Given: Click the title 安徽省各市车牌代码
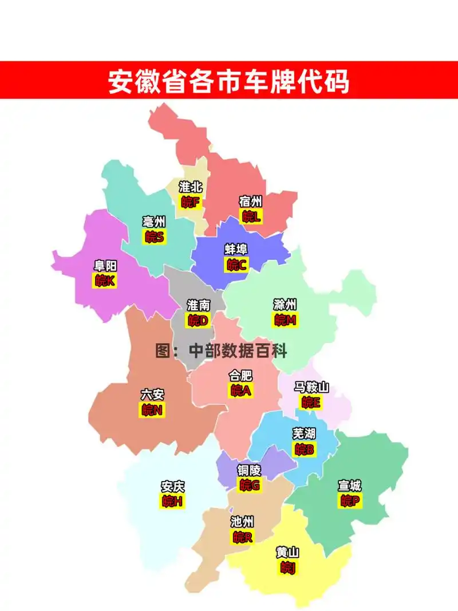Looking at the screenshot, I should click(x=228, y=82).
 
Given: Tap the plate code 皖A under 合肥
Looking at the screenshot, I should click(x=241, y=391).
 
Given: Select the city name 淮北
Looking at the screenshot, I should click(x=191, y=187).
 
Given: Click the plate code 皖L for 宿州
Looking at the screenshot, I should click(x=251, y=216).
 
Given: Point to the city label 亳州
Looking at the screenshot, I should click(x=154, y=222).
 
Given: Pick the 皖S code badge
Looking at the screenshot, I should click(x=154, y=236).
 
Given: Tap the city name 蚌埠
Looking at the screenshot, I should click(x=236, y=250).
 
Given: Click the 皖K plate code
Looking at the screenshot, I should click(x=105, y=281).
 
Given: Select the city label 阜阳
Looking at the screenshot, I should click(x=105, y=266).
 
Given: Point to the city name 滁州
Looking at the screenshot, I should click(x=285, y=305).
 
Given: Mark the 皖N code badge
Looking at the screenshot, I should click(x=152, y=410).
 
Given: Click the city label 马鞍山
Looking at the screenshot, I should click(x=311, y=388).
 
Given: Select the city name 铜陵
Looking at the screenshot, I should click(x=249, y=471).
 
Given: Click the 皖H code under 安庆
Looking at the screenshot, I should click(x=172, y=502).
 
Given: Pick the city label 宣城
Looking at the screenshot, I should click(x=349, y=486).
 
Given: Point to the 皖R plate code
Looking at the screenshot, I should click(x=242, y=537).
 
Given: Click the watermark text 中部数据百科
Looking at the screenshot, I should click(x=238, y=350).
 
